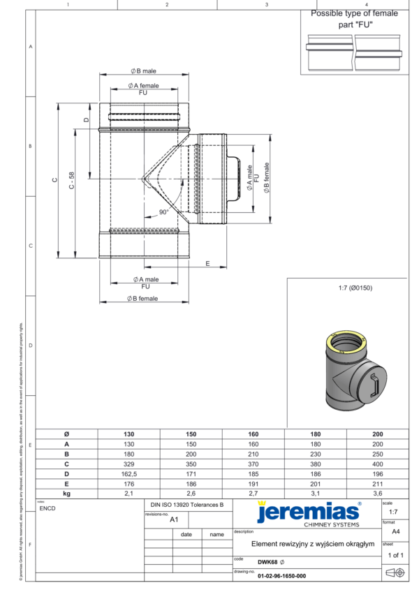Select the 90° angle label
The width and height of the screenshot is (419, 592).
tap(164, 212)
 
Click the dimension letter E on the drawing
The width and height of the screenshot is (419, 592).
tap(207, 263)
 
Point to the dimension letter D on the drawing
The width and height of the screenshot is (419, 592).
tap(86, 119)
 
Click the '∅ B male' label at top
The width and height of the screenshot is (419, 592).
tap(143, 72)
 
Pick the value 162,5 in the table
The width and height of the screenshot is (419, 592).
tap(128, 473)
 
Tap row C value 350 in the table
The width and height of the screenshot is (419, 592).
tap(191, 464)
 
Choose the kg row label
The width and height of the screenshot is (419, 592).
tap(66, 493)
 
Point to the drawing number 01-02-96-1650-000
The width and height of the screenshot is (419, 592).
tap(281, 577)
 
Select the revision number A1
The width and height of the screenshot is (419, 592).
tap(175, 519)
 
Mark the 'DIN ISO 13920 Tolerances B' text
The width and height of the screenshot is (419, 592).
tap(186, 504)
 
